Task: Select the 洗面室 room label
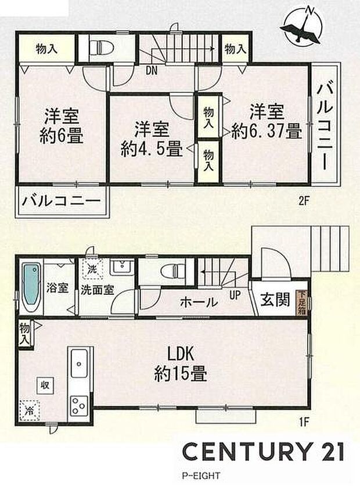(96, 290)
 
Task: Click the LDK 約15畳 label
(181, 363)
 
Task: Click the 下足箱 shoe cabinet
(301, 301)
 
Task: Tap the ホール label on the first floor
(199, 302)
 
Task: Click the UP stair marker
(235, 295)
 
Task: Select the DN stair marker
(152, 71)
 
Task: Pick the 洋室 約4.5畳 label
(151, 138)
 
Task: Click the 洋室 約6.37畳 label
(266, 121)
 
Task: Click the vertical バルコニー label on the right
(325, 125)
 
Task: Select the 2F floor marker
(305, 201)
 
